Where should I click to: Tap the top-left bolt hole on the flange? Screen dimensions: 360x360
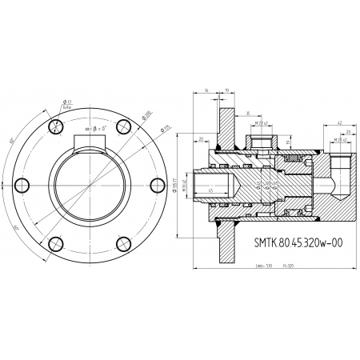click(x=55, y=126)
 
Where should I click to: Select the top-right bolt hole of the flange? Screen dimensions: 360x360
click(x=122, y=126)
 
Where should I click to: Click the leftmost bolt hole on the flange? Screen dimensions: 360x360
click(x=22, y=185)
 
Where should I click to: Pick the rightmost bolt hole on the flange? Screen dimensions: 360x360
click(x=157, y=185)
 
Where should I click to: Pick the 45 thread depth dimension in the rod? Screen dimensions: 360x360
click(x=210, y=190)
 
